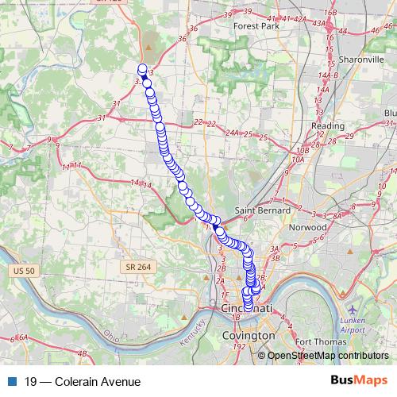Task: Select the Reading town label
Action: tap(327, 125)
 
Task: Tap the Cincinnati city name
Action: tap(249, 307)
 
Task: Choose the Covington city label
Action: tap(245, 336)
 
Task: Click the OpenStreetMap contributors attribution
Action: tap(327, 357)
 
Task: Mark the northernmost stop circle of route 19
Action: tap(143, 68)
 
